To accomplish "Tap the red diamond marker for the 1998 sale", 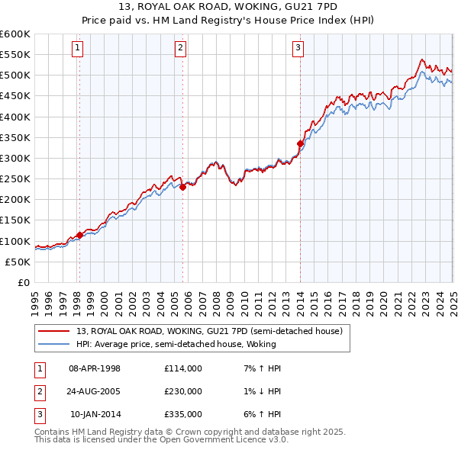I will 79,235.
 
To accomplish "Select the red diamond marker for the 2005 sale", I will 182,187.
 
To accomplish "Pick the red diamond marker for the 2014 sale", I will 300,143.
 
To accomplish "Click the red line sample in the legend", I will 54,332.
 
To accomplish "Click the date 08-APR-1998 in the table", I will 95,368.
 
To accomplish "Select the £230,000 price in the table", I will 182,391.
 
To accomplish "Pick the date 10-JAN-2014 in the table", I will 95,414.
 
